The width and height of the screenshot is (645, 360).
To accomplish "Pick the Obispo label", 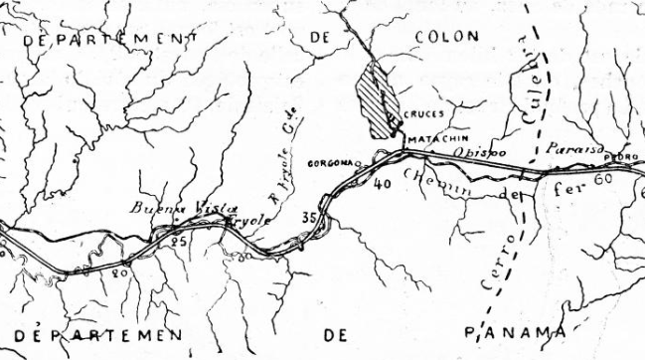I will click(482, 152).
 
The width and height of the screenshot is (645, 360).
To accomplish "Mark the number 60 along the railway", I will click(600, 180).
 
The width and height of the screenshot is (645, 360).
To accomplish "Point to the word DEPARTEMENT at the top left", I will click(98, 36).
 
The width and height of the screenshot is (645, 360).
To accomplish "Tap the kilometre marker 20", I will click(118, 270).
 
